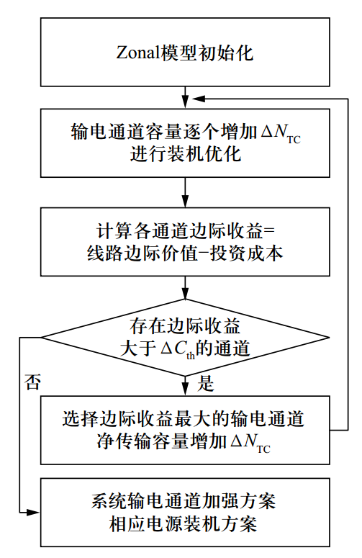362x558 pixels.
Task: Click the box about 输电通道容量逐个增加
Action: point(185,142)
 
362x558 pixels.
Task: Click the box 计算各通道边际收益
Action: point(185,241)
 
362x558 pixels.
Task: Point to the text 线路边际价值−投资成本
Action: point(185,253)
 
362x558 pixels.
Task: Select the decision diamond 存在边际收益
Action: point(185,337)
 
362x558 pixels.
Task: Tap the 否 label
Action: point(32,379)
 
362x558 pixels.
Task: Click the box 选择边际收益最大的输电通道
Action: point(185,430)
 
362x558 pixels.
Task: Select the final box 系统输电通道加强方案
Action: point(185,512)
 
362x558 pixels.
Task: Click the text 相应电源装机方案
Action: point(185,523)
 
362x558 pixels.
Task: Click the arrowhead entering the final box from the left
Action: point(34,512)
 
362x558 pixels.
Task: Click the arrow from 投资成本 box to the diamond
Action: point(186,289)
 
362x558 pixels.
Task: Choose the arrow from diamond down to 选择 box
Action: point(186,387)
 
